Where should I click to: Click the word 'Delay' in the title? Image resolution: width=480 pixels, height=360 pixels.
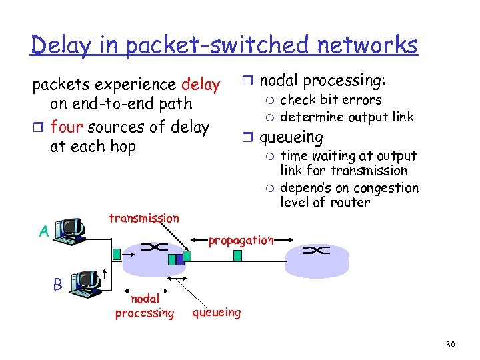click(61, 45)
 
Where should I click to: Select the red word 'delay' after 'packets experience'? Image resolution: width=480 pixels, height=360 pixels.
click(201, 85)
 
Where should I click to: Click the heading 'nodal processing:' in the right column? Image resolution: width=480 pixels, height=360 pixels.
click(322, 81)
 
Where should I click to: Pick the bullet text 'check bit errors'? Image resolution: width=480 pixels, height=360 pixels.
click(331, 100)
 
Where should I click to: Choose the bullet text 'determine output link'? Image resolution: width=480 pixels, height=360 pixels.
click(347, 117)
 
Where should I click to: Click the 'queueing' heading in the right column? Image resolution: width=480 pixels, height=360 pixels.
click(291, 138)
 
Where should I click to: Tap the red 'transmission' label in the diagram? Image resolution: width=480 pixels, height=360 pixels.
click(143, 218)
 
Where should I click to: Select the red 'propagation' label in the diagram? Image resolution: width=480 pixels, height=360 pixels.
click(241, 240)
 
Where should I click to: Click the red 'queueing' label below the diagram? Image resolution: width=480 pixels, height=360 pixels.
click(217, 311)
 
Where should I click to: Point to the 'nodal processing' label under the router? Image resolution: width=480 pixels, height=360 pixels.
click(145, 306)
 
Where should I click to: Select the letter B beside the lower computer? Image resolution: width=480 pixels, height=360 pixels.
click(57, 284)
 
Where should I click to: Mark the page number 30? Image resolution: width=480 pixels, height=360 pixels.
click(450, 345)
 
